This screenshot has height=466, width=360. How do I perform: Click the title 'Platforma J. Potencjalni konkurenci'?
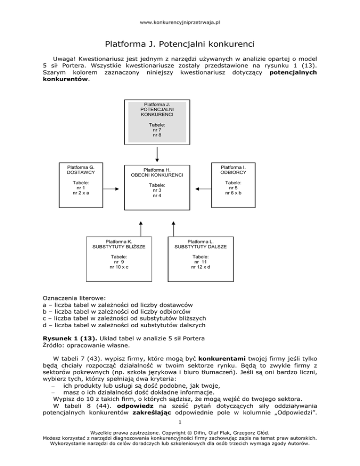[x=180, y=45]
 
